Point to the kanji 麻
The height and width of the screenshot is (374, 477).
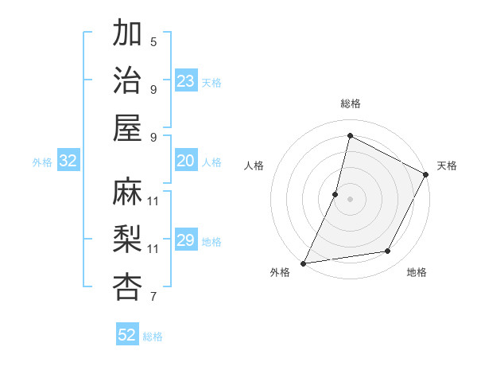coord(128,192)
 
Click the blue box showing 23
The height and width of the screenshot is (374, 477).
coord(186,81)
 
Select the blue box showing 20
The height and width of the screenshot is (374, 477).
coord(186,161)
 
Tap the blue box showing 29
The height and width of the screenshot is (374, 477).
coord(186,240)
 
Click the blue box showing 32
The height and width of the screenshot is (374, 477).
coord(68,162)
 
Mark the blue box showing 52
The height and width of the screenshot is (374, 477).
coord(127,335)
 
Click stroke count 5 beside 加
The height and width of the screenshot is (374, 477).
coord(153,42)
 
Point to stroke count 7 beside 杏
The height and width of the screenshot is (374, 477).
coord(153,298)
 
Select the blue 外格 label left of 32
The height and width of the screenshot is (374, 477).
coord(42,162)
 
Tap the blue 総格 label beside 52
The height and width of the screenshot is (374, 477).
coord(153,337)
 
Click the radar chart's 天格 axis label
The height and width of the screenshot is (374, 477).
coord(447,166)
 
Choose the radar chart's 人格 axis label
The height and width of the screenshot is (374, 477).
coord(254,166)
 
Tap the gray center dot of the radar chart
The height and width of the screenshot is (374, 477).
coord(350,199)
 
